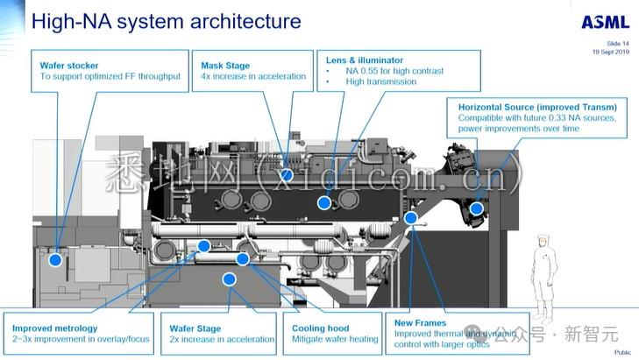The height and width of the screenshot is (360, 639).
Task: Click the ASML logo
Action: click(605, 22)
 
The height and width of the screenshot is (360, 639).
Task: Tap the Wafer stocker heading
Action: click(69, 65)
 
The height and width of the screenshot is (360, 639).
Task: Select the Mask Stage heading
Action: click(225, 65)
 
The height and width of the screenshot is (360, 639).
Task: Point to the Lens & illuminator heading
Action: click(359, 59)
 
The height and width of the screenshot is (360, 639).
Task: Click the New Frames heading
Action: click(421, 323)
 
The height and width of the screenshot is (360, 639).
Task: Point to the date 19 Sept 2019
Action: click(611, 52)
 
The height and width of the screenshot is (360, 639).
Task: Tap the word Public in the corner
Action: click(622, 352)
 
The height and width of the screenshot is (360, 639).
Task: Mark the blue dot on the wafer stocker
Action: click(56, 259)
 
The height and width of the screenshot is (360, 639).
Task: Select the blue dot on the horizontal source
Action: click(476, 208)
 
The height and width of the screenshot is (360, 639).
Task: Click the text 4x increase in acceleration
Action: click(253, 76)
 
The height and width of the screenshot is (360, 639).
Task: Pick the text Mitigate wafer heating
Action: click(335, 339)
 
